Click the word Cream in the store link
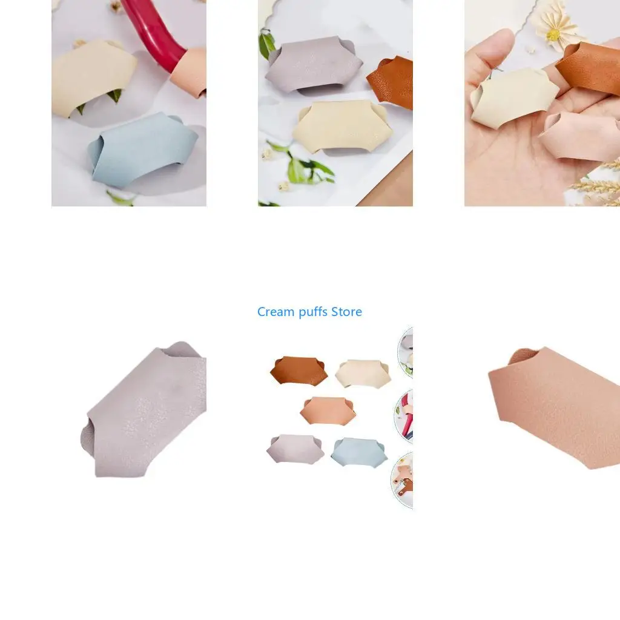pos(275,312)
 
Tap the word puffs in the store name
pos(313,312)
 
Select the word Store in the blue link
pos(346,312)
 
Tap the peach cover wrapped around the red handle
pos(190,71)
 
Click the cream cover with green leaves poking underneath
pos(93,77)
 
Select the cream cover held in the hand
pos(514,97)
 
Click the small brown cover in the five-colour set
pos(299,371)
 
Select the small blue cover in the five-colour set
pos(359,452)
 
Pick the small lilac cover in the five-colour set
pos(295,449)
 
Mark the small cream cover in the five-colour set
pos(363,373)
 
